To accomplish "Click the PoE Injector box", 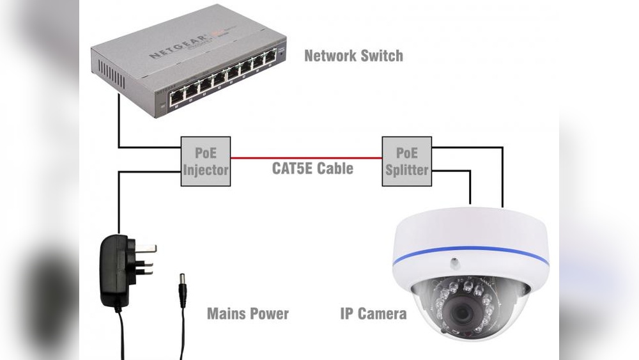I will [x=206, y=161].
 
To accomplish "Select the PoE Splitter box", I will [x=406, y=161].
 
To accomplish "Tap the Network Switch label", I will [x=353, y=56].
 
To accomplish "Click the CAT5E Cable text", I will [x=312, y=169].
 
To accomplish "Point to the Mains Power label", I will [x=248, y=314].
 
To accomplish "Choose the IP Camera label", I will [x=373, y=314].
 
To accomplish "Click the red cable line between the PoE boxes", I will [x=306, y=157].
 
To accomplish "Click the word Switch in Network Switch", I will [x=381, y=56].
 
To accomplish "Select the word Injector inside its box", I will [x=206, y=169].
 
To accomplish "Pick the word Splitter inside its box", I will [x=406, y=169].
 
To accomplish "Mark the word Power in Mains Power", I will [x=268, y=314].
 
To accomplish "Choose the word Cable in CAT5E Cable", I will [x=336, y=169].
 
